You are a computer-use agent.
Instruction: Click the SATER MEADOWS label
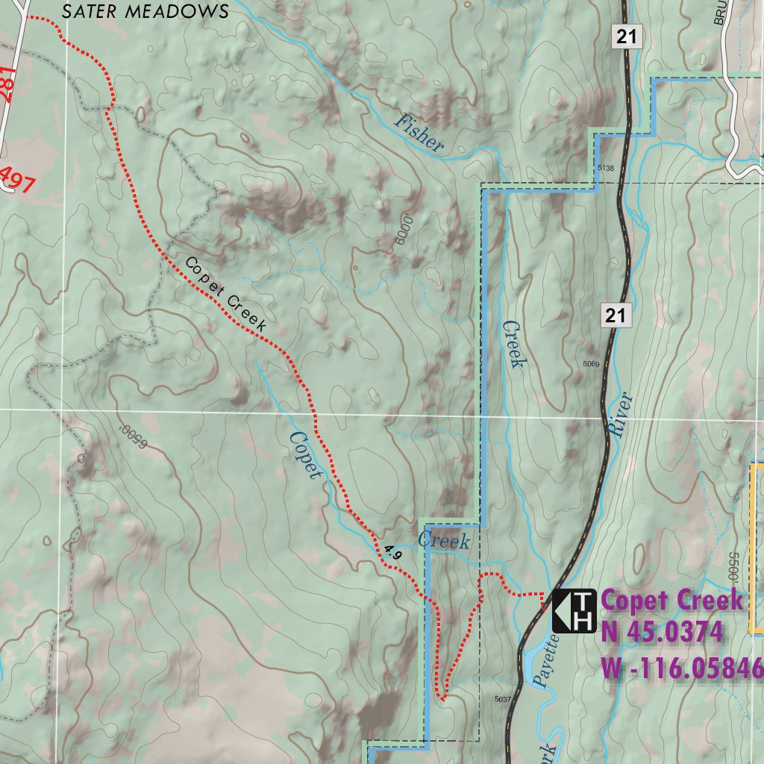(x=145, y=11)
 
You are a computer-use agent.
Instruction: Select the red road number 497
(x=16, y=179)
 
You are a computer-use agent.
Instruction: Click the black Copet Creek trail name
(x=225, y=294)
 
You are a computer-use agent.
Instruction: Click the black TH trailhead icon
(x=574, y=610)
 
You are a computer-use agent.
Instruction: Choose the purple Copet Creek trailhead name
(x=672, y=600)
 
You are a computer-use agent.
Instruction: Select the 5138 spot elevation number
(x=605, y=169)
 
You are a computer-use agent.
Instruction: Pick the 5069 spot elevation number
(x=591, y=364)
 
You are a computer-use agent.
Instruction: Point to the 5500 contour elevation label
(x=732, y=568)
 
